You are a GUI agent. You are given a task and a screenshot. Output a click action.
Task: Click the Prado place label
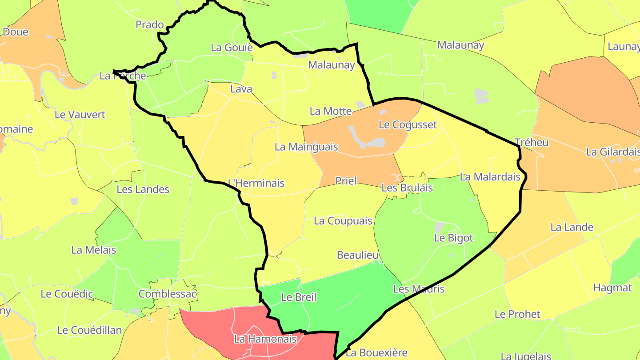point(150,24)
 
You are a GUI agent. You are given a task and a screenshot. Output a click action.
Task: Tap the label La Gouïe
point(232,48)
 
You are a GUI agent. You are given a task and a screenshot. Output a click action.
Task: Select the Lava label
point(241,89)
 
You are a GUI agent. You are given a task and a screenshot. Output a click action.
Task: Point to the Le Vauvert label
point(80,115)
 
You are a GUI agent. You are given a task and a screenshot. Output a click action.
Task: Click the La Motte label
point(331,111)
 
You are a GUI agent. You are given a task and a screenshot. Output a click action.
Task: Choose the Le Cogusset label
point(408,124)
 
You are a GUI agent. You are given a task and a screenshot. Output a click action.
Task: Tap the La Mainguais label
point(306,147)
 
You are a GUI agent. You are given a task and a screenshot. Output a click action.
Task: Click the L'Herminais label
point(256,183)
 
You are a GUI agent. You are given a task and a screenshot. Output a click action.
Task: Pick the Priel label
point(346,181)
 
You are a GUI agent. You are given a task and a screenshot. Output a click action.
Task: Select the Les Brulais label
point(407,188)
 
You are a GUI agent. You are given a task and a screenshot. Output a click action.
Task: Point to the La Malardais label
point(490,177)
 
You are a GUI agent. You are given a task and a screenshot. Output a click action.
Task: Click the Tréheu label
point(531,143)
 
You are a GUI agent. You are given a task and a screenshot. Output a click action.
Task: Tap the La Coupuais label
point(343,221)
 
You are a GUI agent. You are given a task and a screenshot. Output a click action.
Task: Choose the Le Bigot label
point(453,238)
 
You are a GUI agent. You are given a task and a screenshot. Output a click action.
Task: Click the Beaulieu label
point(358,255)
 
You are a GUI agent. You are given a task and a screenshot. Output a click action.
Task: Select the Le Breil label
point(299,297)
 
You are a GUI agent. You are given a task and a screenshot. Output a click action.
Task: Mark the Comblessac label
point(168,294)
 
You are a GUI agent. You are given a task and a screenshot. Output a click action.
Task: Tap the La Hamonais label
point(265,340)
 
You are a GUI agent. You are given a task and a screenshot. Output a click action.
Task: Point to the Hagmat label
point(612,288)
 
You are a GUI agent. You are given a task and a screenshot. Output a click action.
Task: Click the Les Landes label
point(143,189)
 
